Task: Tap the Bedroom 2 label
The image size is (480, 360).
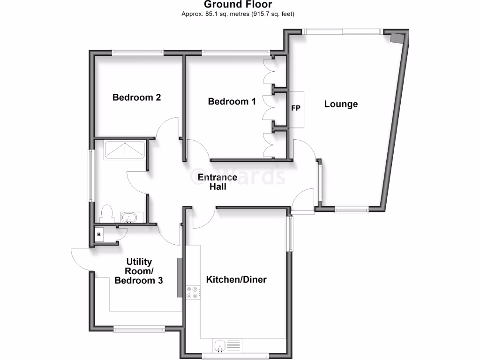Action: tap(136, 97)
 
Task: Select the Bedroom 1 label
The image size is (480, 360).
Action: tap(232, 101)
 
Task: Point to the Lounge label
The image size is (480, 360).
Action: tap(341, 104)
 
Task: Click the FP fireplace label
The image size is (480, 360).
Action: tap(296, 108)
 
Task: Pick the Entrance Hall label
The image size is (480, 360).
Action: tap(217, 182)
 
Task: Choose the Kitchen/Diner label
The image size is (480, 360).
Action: tap(236, 280)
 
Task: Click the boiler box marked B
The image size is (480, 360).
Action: tap(99, 234)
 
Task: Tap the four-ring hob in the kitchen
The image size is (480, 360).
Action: tap(192, 292)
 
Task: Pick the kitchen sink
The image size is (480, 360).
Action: tap(220, 346)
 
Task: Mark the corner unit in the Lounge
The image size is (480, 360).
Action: tap(397, 38)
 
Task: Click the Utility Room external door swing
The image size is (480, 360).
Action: tap(80, 258)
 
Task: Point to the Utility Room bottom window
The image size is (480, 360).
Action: tap(139, 330)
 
